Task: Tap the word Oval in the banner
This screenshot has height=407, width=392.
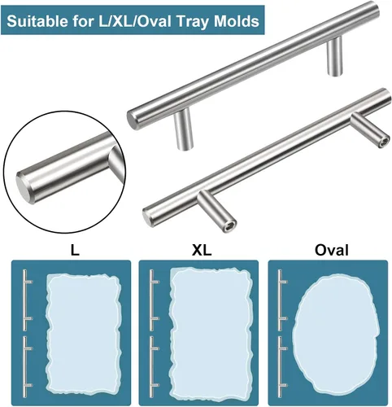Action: (x=154, y=21)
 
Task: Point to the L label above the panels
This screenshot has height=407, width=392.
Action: (x=75, y=250)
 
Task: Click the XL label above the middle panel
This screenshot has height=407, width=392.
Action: (x=202, y=250)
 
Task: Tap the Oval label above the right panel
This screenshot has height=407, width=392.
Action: (x=331, y=250)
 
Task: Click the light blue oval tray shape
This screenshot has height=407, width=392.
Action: (x=335, y=335)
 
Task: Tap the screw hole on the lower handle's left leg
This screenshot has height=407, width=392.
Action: (x=229, y=226)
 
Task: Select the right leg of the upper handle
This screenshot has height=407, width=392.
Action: (x=334, y=56)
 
